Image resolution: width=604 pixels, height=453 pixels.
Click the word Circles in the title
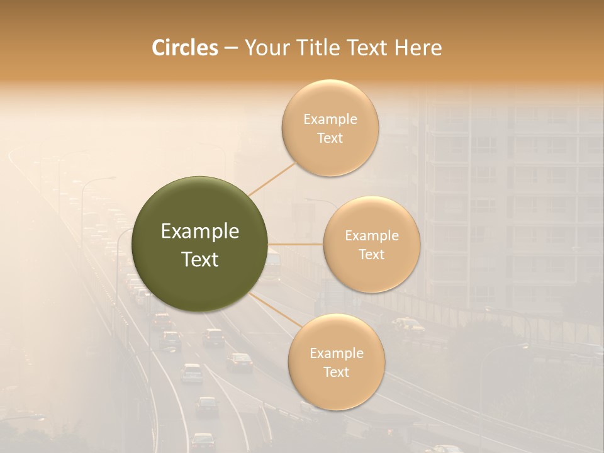pos(185,48)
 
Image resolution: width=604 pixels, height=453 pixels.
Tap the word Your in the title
pos(266,48)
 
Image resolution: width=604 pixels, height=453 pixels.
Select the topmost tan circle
pos(330,128)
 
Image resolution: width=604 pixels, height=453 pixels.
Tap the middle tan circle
pos(371,245)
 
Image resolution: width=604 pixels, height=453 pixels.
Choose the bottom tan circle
pos(336,362)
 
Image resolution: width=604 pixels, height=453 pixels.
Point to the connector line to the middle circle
pos(296,244)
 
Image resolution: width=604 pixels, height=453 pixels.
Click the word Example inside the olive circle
pos(200,232)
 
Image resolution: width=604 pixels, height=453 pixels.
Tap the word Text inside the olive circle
pos(200,259)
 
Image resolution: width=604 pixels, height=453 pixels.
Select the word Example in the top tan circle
pos(330,120)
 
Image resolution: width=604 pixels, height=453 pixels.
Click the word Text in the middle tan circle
pos(371,254)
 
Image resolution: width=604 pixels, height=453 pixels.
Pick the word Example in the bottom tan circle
pos(336,353)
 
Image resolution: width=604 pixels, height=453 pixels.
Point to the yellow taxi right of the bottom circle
pos(408,324)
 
